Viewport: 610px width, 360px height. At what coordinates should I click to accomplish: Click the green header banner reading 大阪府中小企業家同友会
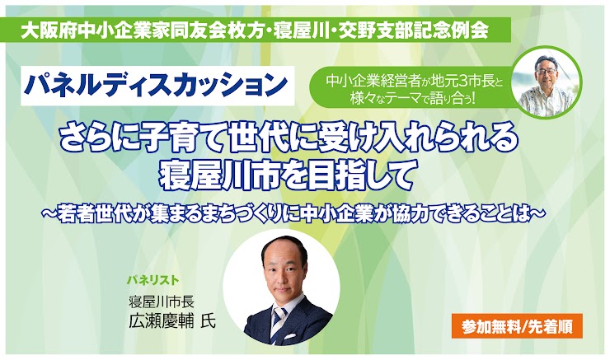pos(258,30)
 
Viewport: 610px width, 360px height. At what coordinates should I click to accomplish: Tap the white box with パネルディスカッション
pos(157,86)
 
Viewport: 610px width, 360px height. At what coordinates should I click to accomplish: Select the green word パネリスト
pos(153,280)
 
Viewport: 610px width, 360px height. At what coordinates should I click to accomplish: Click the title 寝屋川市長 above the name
pos(162,302)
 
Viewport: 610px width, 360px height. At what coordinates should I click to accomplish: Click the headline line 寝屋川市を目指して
pos(286,177)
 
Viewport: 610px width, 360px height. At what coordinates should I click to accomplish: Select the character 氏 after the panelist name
pos(208,321)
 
